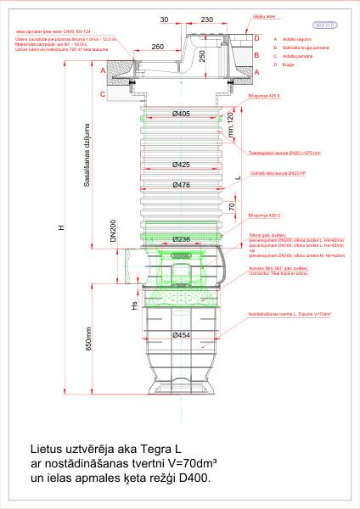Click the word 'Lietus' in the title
48,449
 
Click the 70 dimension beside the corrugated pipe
230,205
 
